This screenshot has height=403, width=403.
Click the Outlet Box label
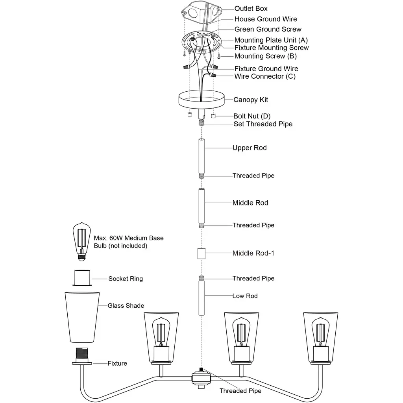(251, 9)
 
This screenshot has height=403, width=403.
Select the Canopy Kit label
(251, 100)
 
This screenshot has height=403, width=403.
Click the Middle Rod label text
(250, 203)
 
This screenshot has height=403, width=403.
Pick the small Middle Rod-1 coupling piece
(201, 253)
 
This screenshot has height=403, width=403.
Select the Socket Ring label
(126, 279)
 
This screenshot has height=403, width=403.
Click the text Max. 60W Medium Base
(129, 238)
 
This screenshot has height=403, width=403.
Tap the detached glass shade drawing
(82, 317)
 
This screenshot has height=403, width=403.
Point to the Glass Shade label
(126, 305)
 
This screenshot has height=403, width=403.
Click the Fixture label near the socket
(117, 363)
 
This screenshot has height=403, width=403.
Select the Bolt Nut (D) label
(252, 116)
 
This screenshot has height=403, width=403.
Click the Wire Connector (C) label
(265, 76)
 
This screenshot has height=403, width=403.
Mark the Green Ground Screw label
(268, 29)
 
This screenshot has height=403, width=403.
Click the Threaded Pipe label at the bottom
(240, 391)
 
